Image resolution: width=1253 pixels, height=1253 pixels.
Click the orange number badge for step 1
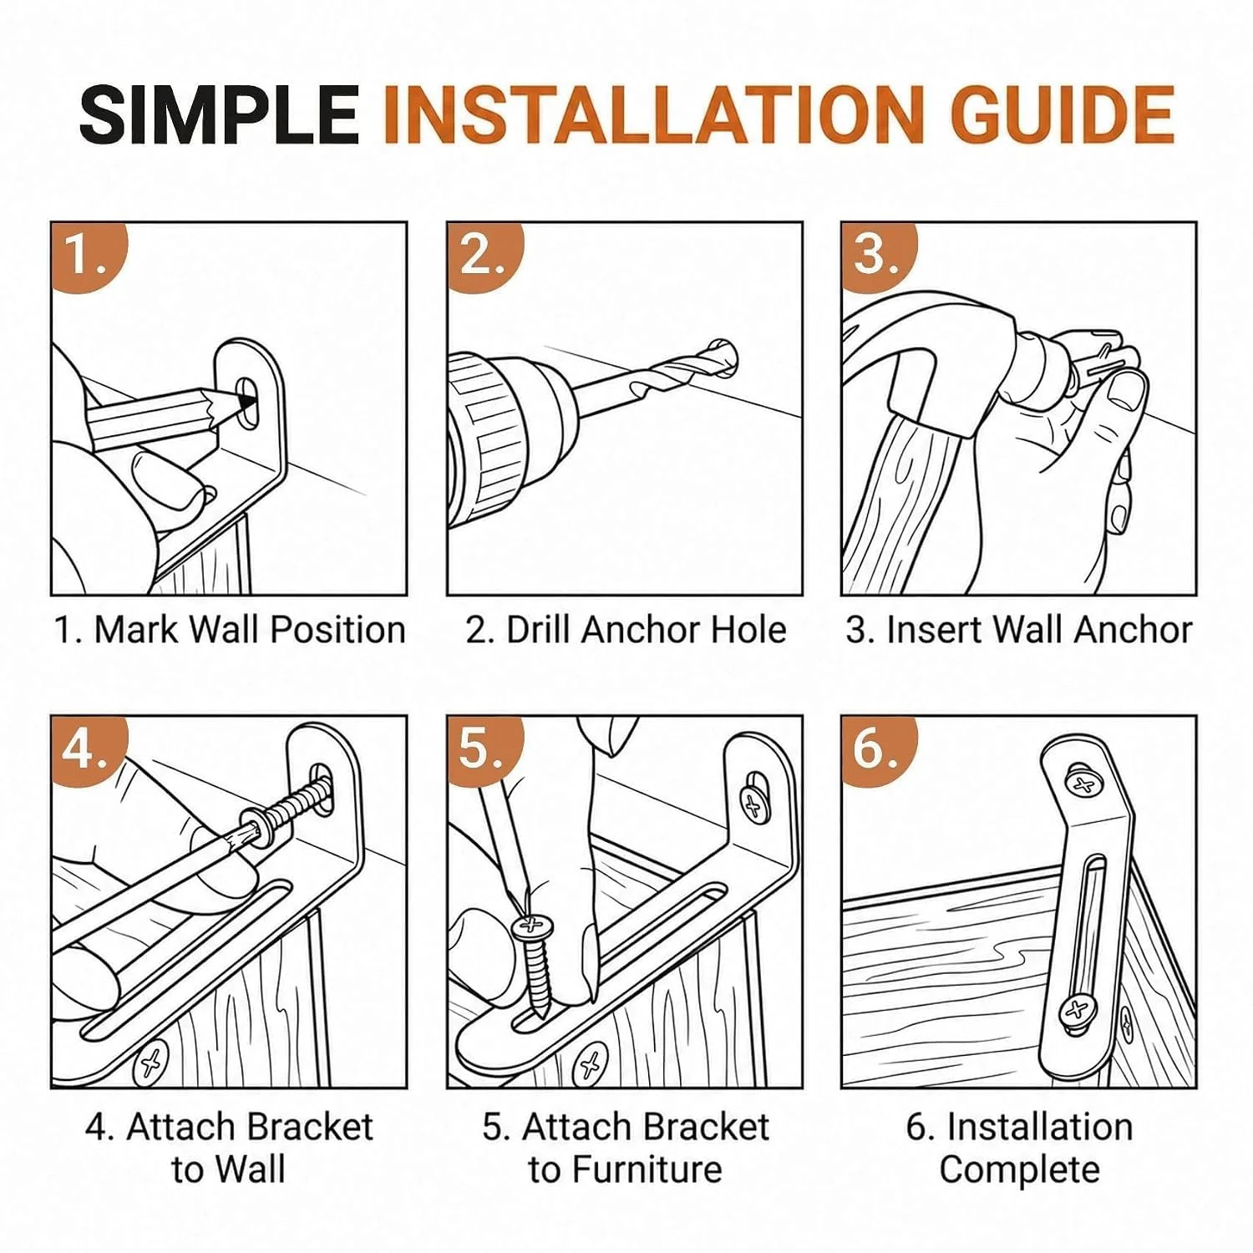89,255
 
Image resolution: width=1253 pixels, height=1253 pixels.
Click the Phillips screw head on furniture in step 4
151,1063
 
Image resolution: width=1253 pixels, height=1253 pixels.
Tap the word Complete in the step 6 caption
1019,1169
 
